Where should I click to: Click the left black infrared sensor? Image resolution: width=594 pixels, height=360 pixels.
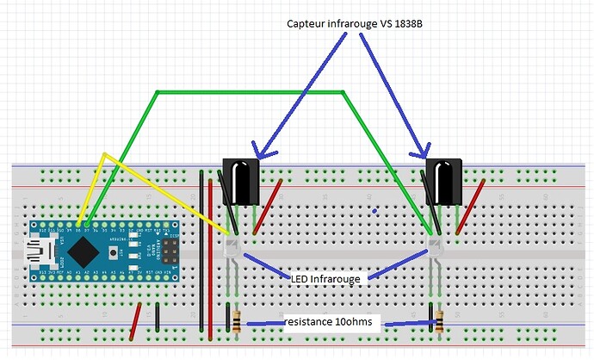click(x=241, y=181)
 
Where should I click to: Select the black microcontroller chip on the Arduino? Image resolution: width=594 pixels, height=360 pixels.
click(x=84, y=251)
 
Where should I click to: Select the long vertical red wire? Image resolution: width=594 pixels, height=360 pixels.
click(x=212, y=258)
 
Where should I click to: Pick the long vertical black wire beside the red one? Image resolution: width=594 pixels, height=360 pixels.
click(x=201, y=258)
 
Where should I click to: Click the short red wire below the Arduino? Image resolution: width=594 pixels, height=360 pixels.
click(x=136, y=322)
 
